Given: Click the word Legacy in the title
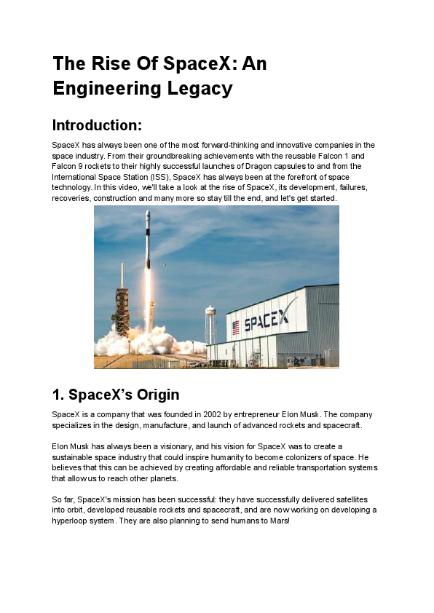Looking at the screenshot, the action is (x=199, y=89).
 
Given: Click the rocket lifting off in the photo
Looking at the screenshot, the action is (x=147, y=239).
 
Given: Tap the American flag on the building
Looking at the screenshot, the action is (x=235, y=328).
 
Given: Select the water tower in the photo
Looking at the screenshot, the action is (x=211, y=320).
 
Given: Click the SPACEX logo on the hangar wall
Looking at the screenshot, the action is (x=269, y=320).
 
